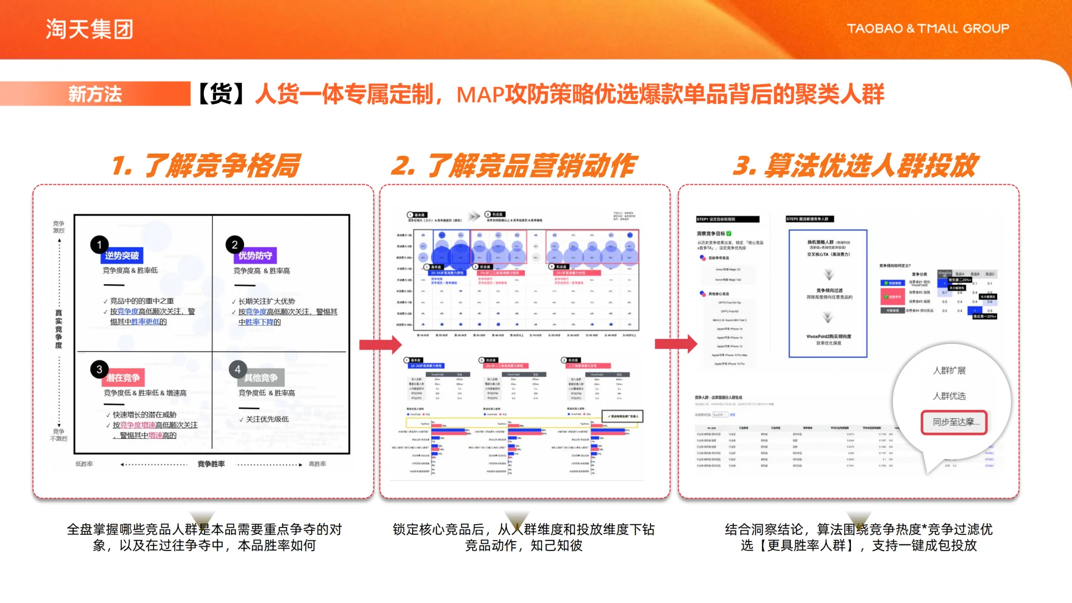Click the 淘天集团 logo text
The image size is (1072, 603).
[89, 29]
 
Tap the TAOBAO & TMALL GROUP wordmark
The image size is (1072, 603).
[927, 28]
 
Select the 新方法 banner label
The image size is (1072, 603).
[95, 94]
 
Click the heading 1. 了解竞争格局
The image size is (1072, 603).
[205, 166]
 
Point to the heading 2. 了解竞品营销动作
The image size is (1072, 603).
[513, 166]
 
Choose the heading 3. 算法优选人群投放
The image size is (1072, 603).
[855, 166]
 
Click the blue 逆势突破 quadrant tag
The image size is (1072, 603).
[122, 256]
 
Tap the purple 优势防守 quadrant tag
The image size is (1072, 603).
[255, 256]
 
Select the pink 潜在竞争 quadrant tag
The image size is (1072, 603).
[123, 378]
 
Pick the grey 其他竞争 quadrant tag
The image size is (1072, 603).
[261, 378]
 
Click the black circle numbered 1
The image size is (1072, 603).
[99, 245]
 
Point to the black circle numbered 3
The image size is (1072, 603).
[99, 369]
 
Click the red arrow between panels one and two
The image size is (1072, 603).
[380, 344]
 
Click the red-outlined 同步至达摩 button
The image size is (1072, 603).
[954, 422]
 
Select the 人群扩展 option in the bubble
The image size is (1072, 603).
[949, 371]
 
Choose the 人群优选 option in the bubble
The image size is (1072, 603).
[949, 396]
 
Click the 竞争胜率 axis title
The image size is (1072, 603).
[211, 464]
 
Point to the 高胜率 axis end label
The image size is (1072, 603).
[317, 464]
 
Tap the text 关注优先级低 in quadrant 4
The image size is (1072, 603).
[267, 419]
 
